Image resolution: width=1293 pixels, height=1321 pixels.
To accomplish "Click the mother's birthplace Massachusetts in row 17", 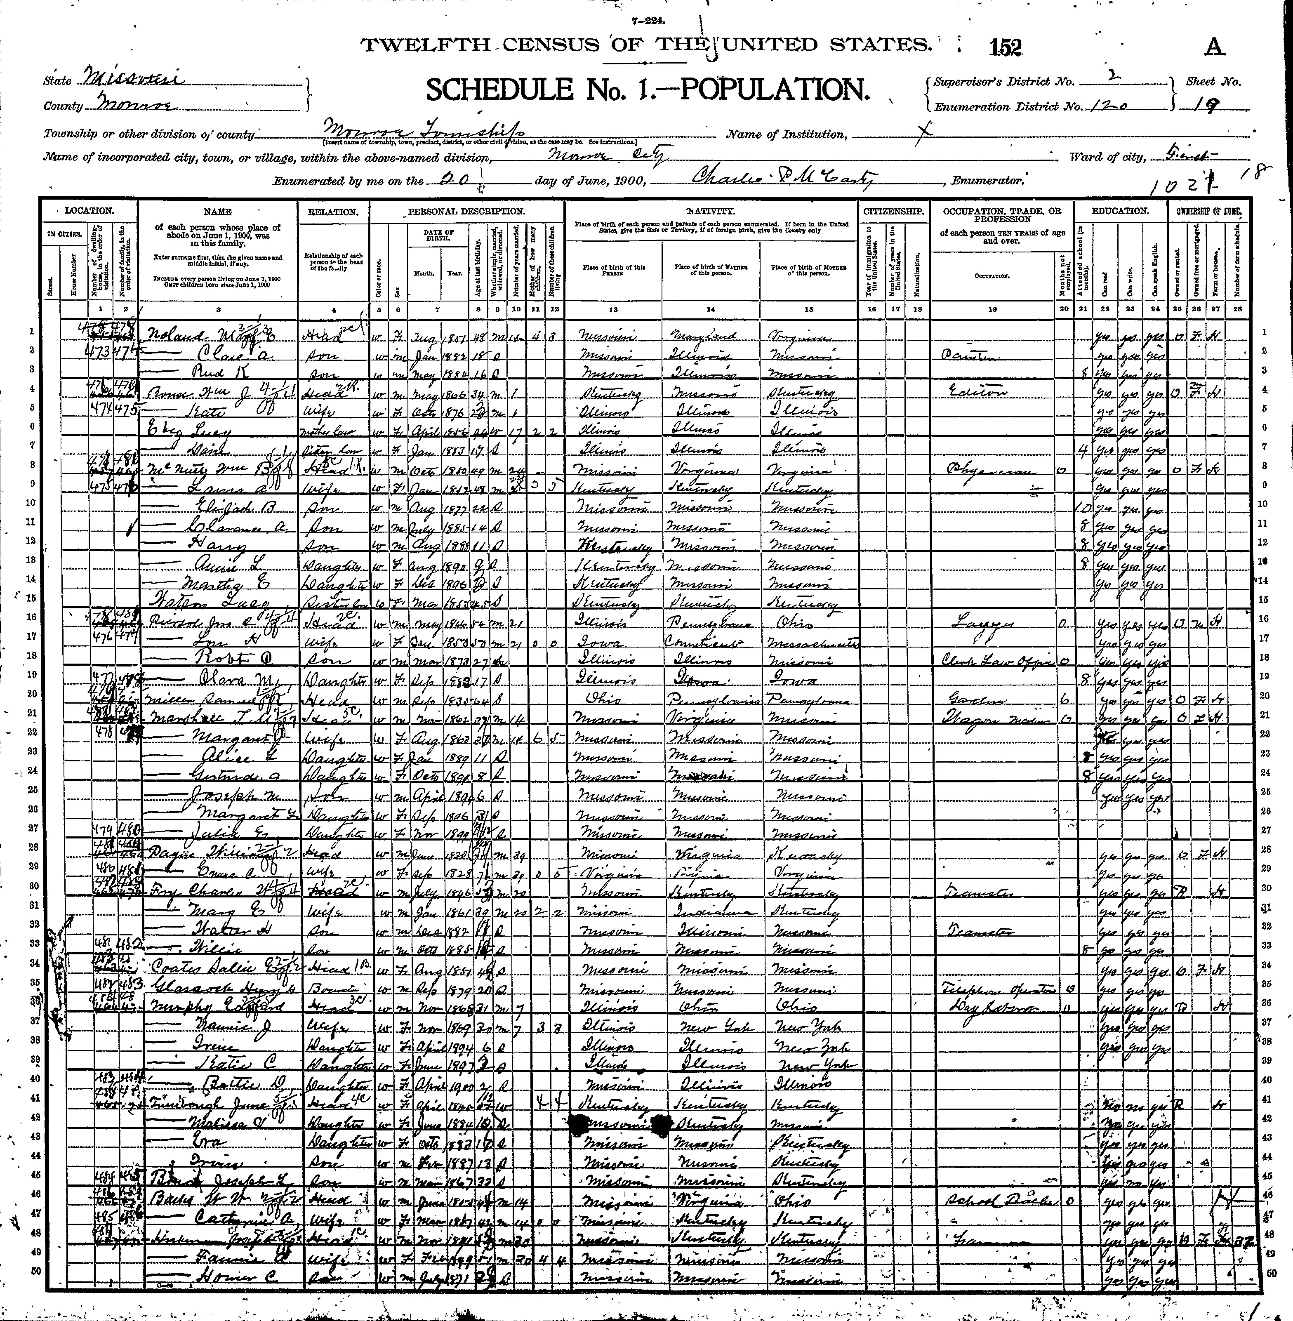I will [810, 642].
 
